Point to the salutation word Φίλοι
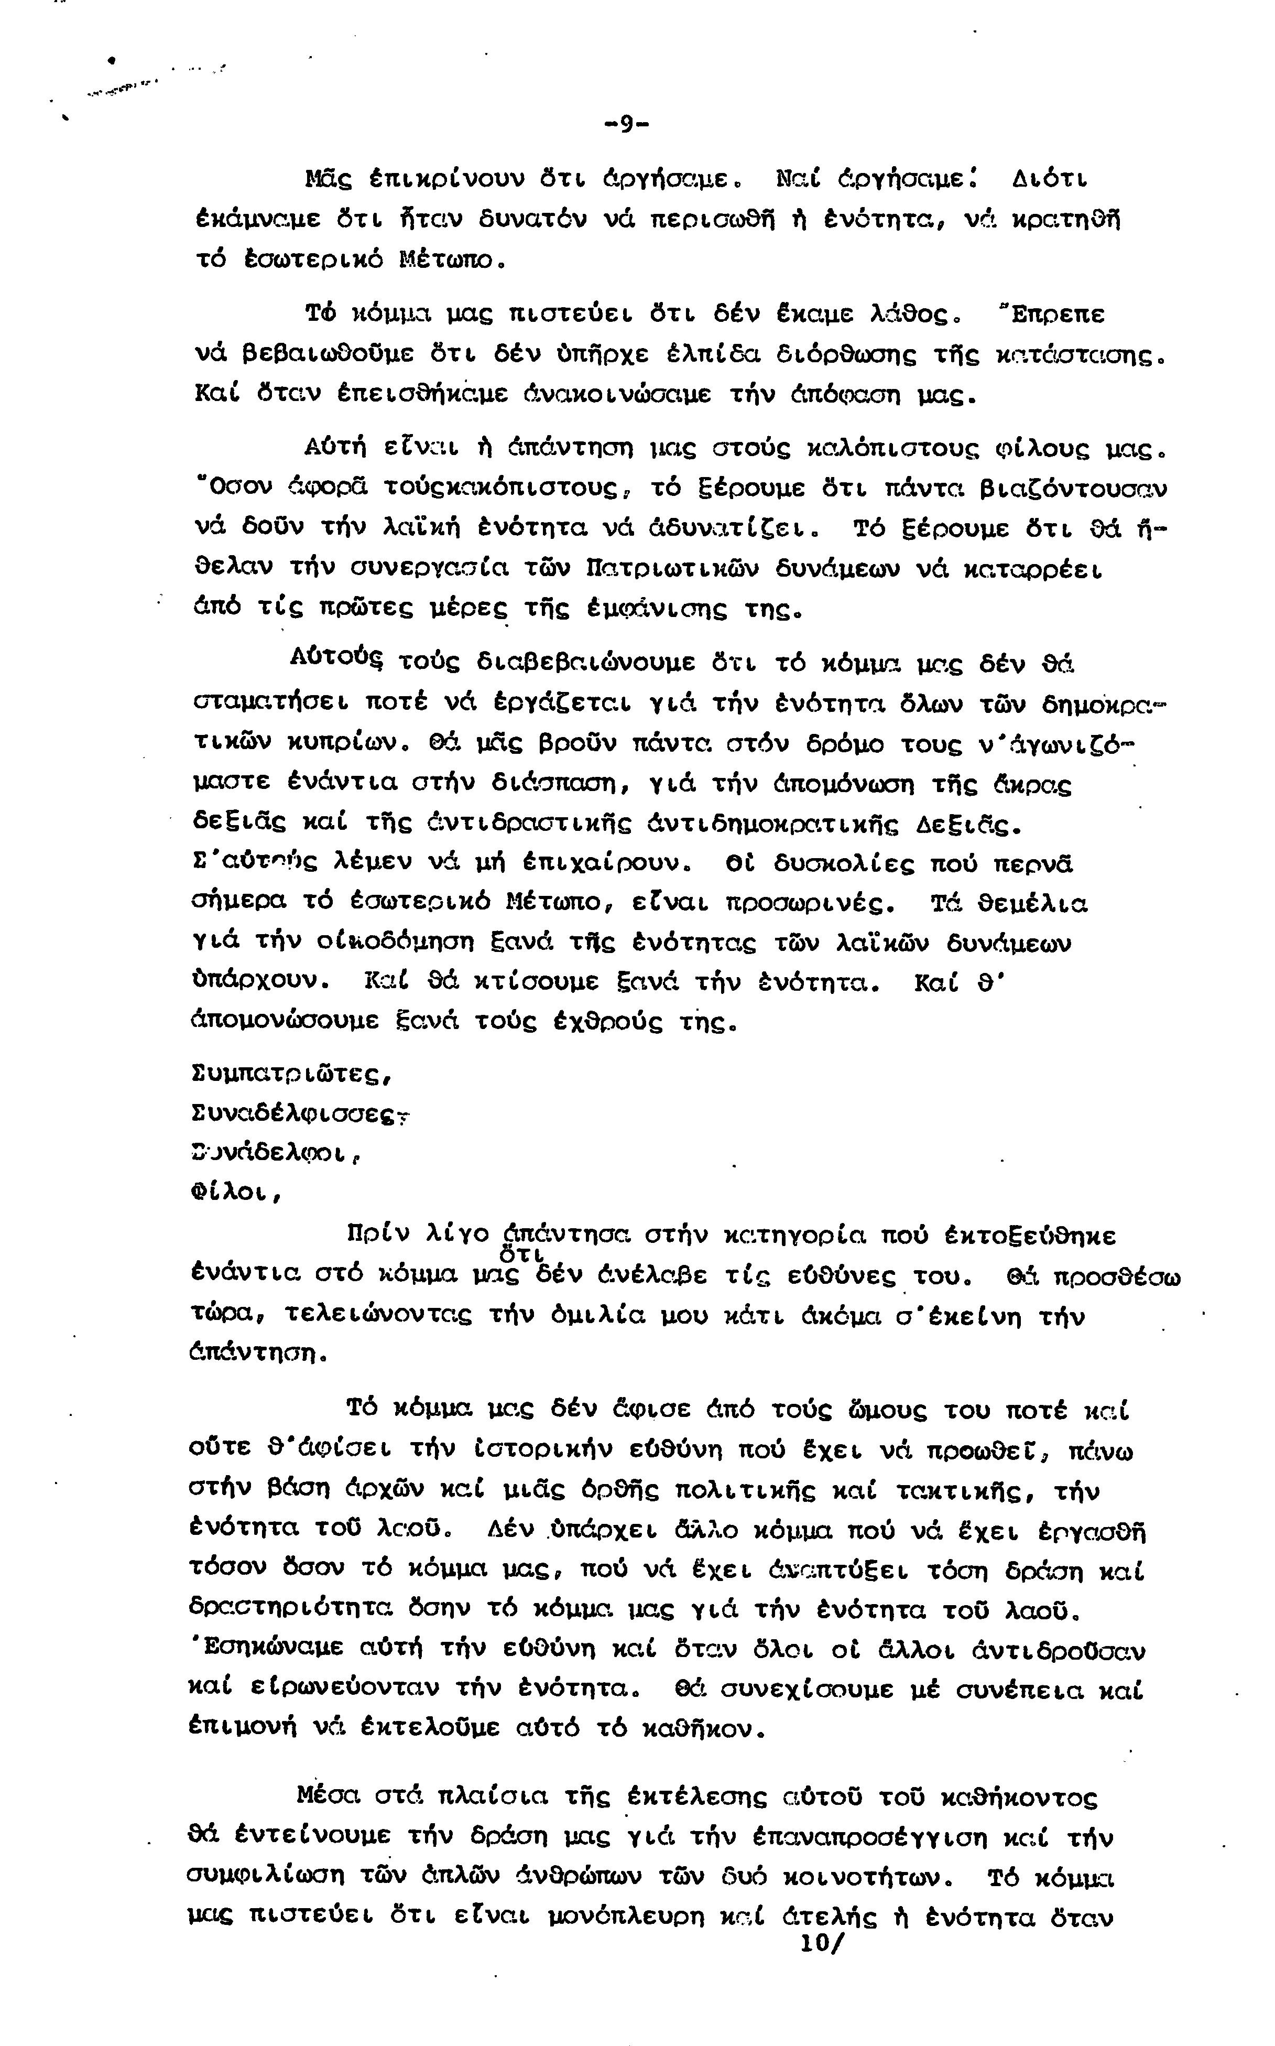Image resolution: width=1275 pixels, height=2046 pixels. [237, 1193]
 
